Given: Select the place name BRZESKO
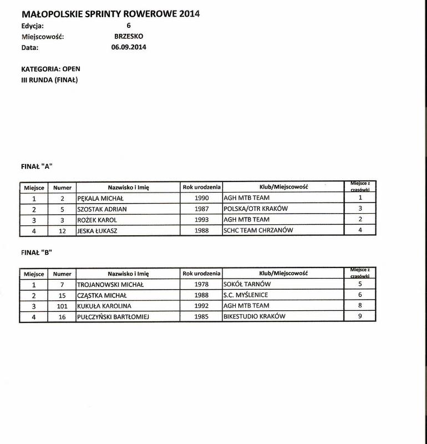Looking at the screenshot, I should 129,36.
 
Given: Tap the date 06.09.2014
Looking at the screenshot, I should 129,47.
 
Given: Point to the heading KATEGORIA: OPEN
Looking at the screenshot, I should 50,69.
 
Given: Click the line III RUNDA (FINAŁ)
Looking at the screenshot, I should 49,80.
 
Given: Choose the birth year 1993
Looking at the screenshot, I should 202,220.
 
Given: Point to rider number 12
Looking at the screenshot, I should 62,230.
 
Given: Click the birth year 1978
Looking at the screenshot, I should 202,284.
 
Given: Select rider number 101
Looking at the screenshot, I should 62,306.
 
